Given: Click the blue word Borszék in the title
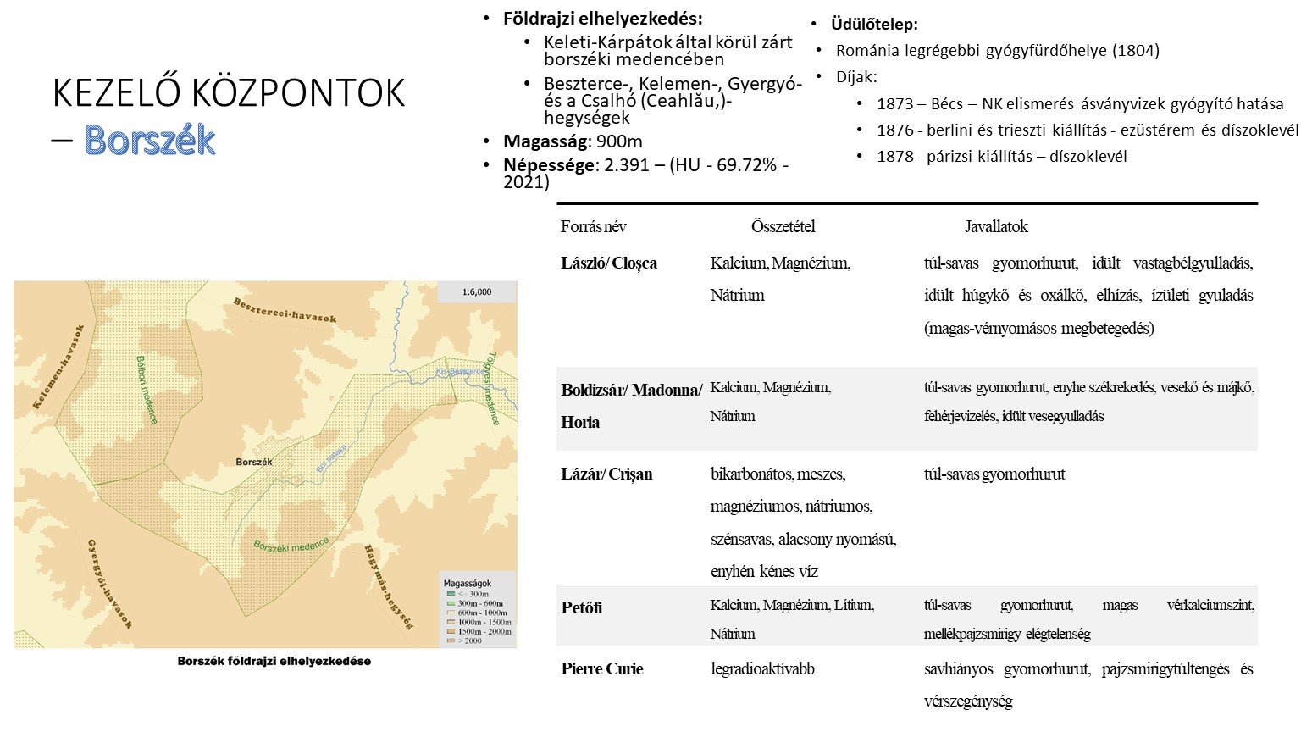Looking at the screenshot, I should pyautogui.click(x=150, y=141).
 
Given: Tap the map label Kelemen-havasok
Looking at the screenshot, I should pyautogui.click(x=59, y=367).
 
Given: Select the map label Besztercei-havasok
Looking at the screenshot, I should pyautogui.click(x=285, y=311).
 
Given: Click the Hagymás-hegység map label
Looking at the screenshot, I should pyautogui.click(x=389, y=587).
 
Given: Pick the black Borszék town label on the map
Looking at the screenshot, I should pyautogui.click(x=254, y=462).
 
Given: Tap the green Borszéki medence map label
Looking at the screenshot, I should pyautogui.click(x=291, y=545).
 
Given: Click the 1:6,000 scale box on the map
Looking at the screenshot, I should pyautogui.click(x=476, y=292).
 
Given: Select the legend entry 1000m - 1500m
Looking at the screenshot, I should pyautogui.click(x=483, y=622).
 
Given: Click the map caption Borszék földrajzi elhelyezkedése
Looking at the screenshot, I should pyautogui.click(x=274, y=661).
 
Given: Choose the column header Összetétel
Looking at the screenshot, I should pyautogui.click(x=783, y=227).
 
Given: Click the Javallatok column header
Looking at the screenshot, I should pyautogui.click(x=996, y=227).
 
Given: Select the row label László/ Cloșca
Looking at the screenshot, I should pyautogui.click(x=609, y=263).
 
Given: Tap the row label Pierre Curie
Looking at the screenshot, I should pyautogui.click(x=602, y=669).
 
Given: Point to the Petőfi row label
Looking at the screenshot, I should pyautogui.click(x=582, y=608).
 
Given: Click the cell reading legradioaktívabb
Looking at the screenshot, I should pyautogui.click(x=762, y=669).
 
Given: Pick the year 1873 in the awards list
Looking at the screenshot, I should pyautogui.click(x=895, y=104).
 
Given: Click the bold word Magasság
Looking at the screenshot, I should pyautogui.click(x=545, y=141).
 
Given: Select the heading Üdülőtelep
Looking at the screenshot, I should pyautogui.click(x=874, y=25).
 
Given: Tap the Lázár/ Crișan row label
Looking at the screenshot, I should pyautogui.click(x=606, y=474).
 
